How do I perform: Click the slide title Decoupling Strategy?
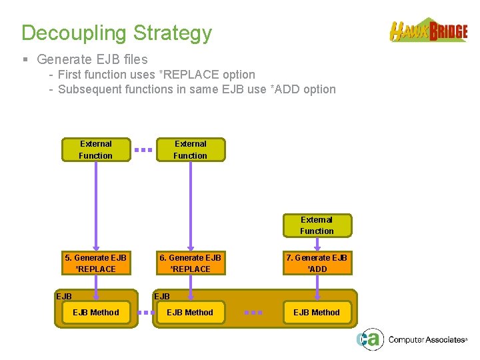tap(117, 33)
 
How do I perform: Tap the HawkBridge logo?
tap(429, 31)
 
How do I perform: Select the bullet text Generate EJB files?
tap(92, 59)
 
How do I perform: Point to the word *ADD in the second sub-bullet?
tap(285, 89)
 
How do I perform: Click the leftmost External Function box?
tap(96, 149)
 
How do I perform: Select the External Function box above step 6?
tap(191, 149)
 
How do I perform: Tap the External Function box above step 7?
tap(317, 225)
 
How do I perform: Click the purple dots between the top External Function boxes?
tap(143, 150)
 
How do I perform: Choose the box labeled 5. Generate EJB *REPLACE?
tap(96, 263)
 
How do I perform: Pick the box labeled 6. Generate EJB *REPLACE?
tap(191, 263)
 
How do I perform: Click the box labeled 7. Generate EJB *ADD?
tap(317, 263)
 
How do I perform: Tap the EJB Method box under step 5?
tap(96, 312)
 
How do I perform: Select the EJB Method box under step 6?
tap(191, 312)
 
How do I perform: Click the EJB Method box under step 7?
tap(317, 312)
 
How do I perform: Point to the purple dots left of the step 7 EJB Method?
tap(253, 312)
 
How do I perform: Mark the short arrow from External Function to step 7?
tap(317, 243)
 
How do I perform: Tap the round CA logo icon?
tap(369, 339)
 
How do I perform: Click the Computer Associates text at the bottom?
tap(427, 340)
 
